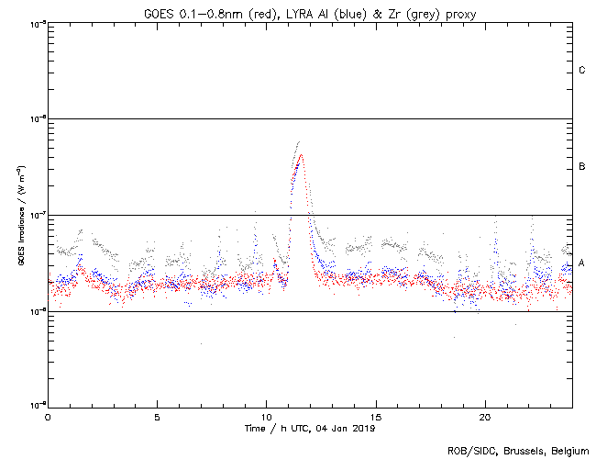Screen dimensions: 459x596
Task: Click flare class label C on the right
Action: pos(582,71)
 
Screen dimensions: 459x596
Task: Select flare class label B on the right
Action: pos(582,167)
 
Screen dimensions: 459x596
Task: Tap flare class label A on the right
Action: pos(582,263)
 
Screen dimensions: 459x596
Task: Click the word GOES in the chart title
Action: pos(158,12)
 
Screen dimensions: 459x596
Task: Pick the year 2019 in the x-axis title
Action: pos(363,428)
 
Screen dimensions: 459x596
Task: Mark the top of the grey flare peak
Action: pos(299,141)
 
